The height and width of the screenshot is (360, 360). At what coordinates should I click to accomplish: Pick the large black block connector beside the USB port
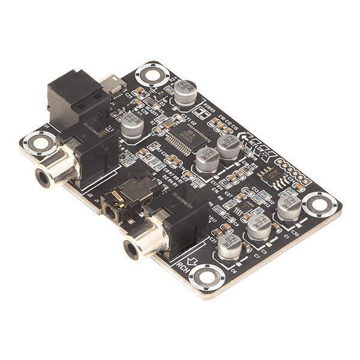(71, 96)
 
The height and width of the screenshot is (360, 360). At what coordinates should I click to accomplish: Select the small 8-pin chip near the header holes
(269, 174)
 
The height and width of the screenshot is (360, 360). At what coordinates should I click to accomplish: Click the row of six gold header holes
(294, 171)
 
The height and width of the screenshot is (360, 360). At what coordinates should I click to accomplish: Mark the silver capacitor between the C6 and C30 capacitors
(259, 226)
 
